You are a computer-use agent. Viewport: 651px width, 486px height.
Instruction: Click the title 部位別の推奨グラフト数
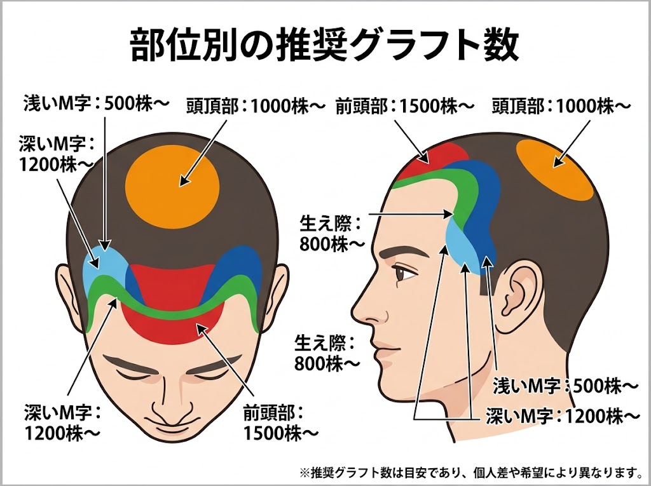[324, 45]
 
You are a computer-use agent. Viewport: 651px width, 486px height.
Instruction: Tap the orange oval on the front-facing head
[172, 186]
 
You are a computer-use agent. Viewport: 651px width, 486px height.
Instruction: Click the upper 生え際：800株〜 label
[331, 234]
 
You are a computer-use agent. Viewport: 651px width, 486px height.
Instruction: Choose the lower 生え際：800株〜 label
[327, 354]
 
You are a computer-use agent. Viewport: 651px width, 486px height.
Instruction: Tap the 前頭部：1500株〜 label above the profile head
[404, 107]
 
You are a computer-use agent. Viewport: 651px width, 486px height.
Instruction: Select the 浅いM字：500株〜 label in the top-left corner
[97, 104]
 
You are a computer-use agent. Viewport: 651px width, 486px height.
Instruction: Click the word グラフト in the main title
[405, 45]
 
